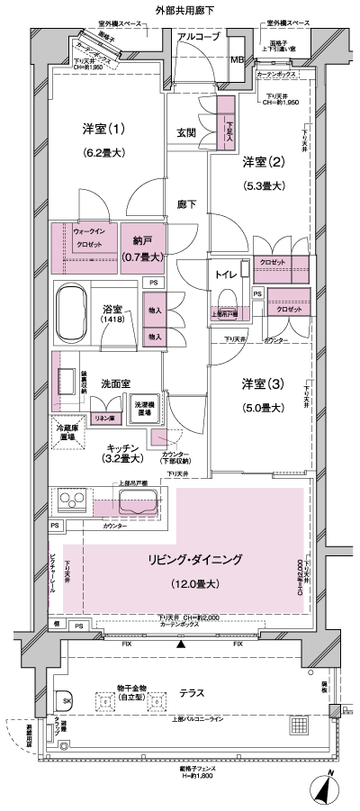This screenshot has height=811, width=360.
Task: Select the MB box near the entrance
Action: pos(237,60)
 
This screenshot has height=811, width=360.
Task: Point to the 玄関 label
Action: pos(186,132)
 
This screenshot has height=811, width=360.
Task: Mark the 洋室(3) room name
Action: pos(263,384)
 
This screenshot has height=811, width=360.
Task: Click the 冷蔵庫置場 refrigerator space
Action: pos(68,432)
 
